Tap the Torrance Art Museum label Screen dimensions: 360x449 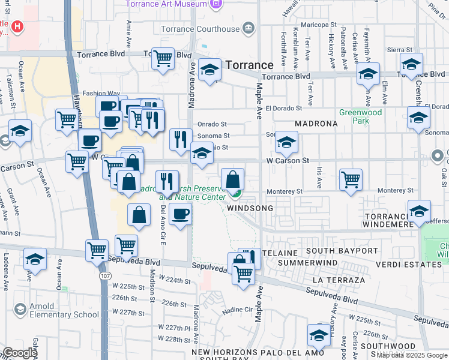coord(166,4)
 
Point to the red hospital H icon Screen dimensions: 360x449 coord(17,27)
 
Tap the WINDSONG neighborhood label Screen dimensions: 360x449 coord(250,208)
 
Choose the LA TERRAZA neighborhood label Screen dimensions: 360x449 coord(339,280)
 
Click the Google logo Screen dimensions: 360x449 coord(20,353)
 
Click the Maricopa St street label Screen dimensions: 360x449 coord(319,25)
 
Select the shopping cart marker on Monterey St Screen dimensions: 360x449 coord(351,179)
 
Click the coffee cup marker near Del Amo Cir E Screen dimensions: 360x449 coord(180,214)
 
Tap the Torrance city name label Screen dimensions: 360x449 coord(250,65)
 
